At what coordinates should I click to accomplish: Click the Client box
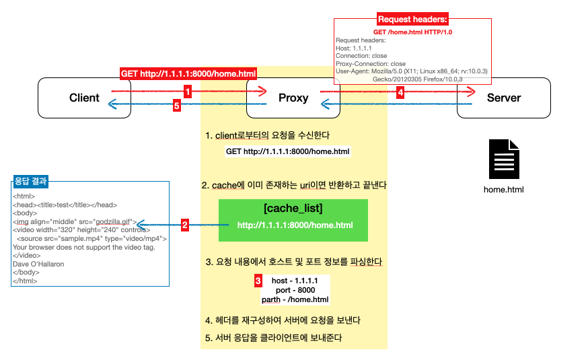[84, 98]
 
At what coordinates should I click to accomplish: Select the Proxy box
[293, 98]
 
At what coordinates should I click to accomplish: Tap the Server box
[503, 98]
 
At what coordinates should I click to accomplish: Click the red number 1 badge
[188, 90]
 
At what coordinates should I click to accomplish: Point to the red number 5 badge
[177, 106]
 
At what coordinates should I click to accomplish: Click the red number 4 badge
[400, 92]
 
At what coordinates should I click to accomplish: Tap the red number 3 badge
[258, 280]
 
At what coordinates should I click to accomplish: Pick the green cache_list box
[293, 220]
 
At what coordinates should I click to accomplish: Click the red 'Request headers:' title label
[413, 20]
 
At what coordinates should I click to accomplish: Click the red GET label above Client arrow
[188, 73]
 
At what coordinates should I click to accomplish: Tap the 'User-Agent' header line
[411, 71]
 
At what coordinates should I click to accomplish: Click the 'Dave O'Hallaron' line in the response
[39, 264]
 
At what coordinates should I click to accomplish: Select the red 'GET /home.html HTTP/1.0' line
[413, 32]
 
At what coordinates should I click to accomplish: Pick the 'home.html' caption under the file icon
[503, 189]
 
